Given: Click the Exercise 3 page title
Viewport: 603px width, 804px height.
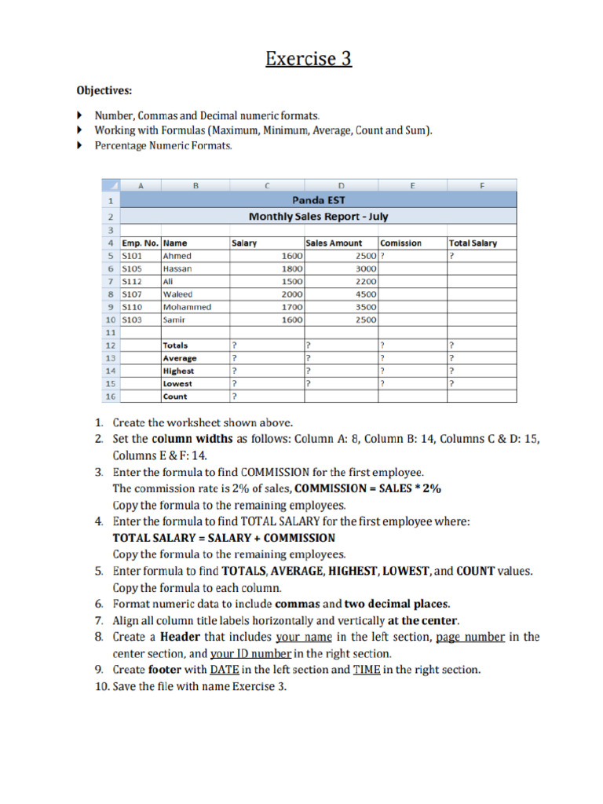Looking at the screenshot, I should tap(308, 59).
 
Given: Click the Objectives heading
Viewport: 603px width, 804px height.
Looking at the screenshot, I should tap(104, 90).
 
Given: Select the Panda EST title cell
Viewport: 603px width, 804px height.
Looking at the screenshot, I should tap(319, 200).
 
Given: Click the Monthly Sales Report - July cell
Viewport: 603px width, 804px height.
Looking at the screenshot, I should tap(319, 216).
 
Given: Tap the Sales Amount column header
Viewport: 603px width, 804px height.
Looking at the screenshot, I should tap(334, 243).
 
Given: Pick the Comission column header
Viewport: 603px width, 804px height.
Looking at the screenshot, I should tap(401, 243).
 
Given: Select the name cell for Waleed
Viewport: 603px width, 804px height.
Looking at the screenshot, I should tap(177, 294).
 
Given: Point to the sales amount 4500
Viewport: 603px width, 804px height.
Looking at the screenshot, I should tap(366, 294).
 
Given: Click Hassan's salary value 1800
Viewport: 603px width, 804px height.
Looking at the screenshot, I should tap(291, 269).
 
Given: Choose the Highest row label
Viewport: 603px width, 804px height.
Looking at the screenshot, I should tap(178, 371).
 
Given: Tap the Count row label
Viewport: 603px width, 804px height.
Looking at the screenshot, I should tap(175, 397).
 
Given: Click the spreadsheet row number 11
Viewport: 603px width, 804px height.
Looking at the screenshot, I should tap(110, 332).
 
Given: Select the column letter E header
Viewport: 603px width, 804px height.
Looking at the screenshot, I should tap(411, 185).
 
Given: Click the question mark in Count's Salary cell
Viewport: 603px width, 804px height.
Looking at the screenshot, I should tap(234, 397).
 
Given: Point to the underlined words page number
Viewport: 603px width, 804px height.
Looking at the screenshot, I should tap(470, 637).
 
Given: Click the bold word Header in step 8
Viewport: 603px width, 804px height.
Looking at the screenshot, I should tap(181, 637).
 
